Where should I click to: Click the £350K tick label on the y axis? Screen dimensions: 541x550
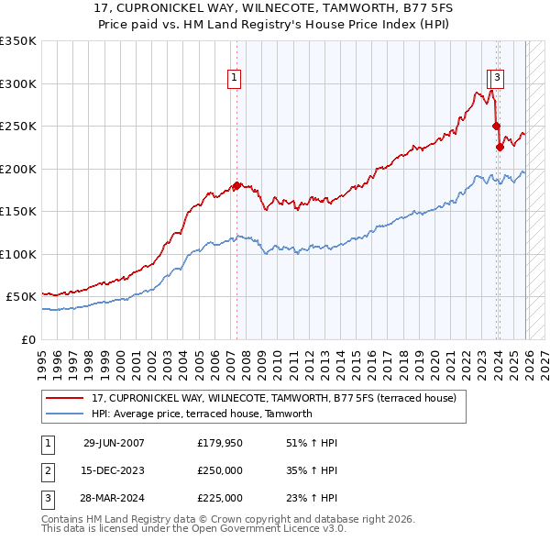pos(18,41)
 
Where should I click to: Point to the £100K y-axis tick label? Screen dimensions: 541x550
pos(18,254)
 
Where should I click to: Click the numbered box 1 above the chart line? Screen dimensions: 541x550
pos(236,78)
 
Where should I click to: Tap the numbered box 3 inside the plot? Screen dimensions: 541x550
pos(496,78)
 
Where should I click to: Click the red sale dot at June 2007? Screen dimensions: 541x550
pos(236,186)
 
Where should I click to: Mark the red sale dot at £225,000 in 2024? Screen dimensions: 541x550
pos(500,147)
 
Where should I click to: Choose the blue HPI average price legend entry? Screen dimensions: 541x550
pos(202,414)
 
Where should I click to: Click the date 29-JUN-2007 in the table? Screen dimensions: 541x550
pos(114,443)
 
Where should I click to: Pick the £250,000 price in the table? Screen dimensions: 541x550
pos(220,470)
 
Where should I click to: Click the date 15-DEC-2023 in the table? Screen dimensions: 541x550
pos(114,470)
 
